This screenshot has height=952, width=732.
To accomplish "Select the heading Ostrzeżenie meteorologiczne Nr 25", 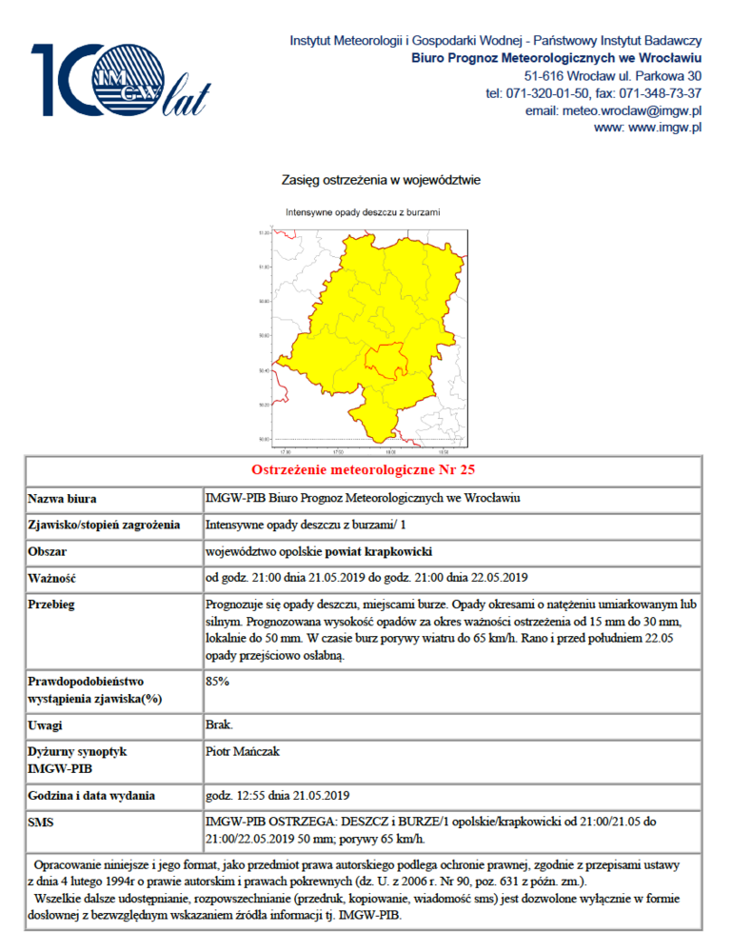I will (363, 470).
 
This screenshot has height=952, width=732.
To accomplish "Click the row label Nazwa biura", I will (62, 498).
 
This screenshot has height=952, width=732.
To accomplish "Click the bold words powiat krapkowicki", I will (379, 551).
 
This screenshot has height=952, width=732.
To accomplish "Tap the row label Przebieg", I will (52, 605).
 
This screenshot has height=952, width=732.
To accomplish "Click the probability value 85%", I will (218, 682).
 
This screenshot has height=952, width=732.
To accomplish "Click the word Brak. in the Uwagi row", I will (219, 725).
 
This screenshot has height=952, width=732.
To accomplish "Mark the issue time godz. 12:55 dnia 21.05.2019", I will (278, 795).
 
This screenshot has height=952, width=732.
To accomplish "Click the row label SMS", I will (42, 821).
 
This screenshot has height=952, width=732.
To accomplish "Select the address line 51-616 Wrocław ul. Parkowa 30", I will (613, 76).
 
